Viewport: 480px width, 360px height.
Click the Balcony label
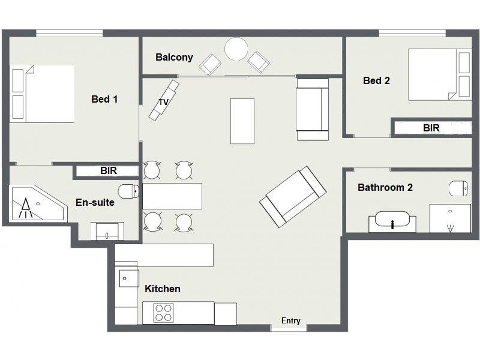tap(174, 57)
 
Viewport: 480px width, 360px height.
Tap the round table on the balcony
tap(236, 49)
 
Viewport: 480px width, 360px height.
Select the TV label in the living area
tap(164, 102)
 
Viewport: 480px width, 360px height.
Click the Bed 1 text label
tap(104, 99)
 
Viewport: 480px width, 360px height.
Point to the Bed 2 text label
tap(377, 80)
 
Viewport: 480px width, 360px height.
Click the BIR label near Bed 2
tap(431, 128)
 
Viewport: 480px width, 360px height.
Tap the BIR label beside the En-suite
tap(109, 170)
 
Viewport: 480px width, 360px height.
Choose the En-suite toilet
tap(128, 191)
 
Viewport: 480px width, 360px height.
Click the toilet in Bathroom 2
tap(458, 188)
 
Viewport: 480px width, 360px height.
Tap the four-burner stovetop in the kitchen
tap(163, 313)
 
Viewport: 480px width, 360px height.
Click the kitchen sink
tap(129, 278)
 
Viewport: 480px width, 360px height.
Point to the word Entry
tap(291, 320)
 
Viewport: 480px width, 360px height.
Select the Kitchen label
tap(163, 289)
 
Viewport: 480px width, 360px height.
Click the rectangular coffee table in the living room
tap(242, 121)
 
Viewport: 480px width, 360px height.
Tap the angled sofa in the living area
tap(293, 197)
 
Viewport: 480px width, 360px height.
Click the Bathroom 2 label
tap(385, 187)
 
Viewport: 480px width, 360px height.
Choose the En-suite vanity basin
tap(107, 232)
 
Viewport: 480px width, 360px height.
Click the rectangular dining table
tap(172, 196)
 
